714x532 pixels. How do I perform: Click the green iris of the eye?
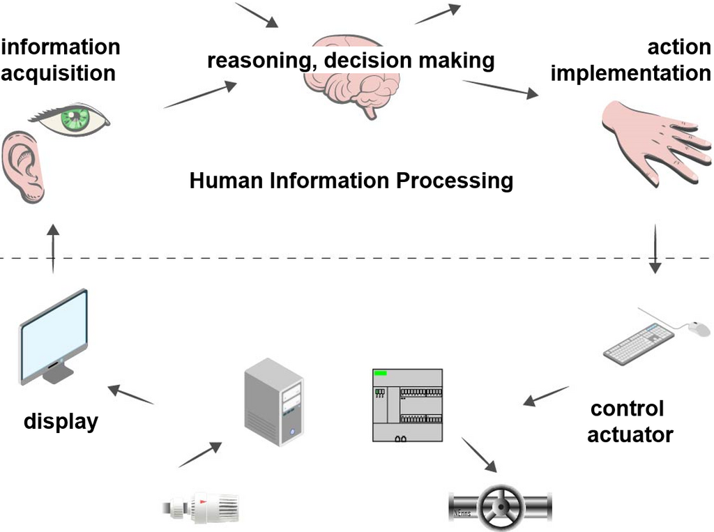tap(73, 118)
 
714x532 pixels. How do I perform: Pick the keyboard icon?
tap(639, 344)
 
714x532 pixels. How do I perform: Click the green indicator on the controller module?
tap(381, 374)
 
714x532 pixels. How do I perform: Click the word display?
tap(61, 422)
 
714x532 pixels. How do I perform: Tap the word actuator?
tap(630, 435)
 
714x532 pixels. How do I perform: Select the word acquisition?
tap(58, 73)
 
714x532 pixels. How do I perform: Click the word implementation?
tap(630, 73)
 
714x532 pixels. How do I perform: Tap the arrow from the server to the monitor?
tap(130, 394)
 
